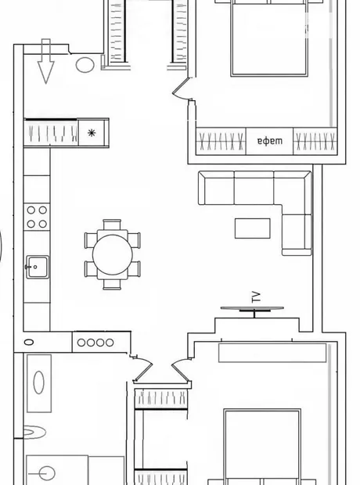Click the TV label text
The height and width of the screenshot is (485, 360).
coord(256,297)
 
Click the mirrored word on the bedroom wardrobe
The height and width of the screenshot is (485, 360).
coord(270,142)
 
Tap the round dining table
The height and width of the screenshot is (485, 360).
coord(113,254)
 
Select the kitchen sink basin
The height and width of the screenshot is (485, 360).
coord(38,267)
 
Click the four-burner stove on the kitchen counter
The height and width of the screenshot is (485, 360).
coord(37,217)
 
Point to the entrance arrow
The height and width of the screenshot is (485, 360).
coord(46,61)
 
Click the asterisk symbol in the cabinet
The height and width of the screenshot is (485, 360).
coord(92,133)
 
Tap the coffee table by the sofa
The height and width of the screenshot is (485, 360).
coord(252,228)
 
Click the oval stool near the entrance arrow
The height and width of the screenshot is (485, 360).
coord(85,65)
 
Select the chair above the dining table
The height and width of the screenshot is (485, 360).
coord(112,225)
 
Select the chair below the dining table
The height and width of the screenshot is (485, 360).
coord(112,285)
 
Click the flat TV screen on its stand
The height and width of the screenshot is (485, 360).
coord(252,308)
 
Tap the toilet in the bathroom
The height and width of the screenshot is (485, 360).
coord(34,432)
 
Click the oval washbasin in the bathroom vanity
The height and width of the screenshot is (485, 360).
coord(38,383)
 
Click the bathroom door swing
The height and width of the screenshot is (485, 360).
coord(142,369)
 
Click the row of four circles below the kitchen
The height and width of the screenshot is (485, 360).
coord(95,343)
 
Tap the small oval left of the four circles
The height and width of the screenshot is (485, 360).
coord(29,342)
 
